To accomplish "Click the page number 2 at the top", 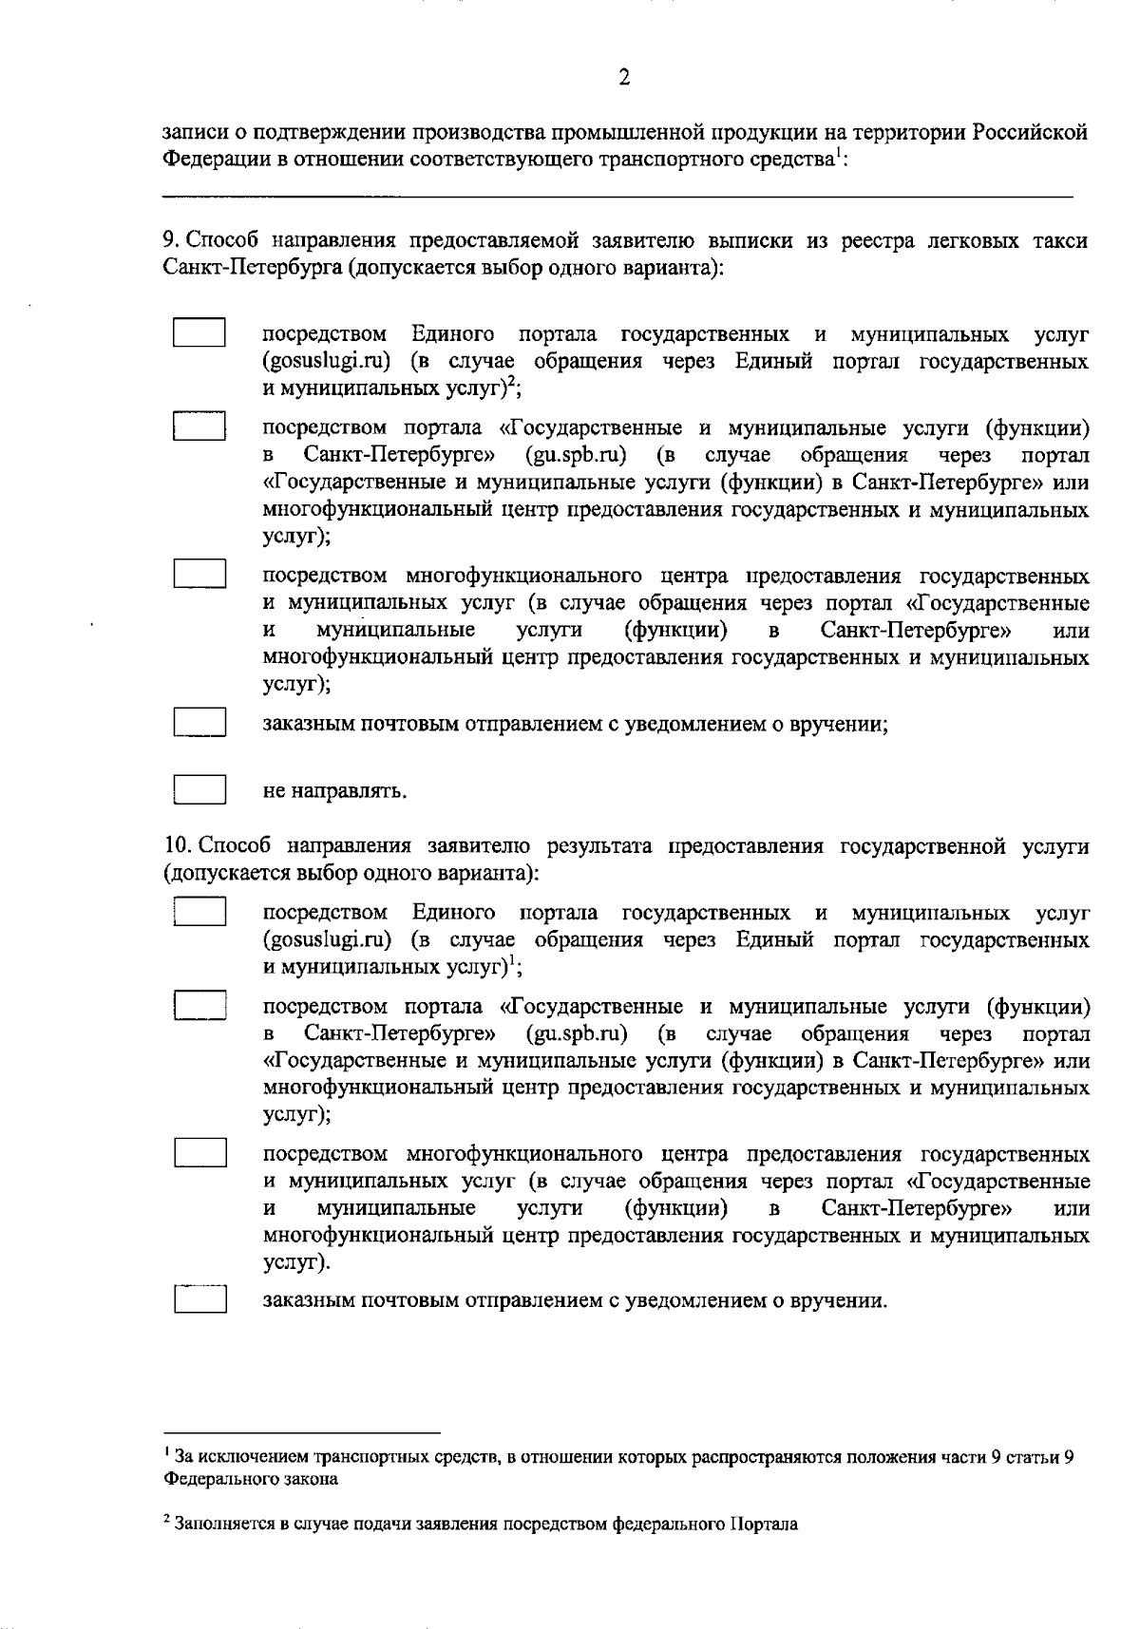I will [624, 78].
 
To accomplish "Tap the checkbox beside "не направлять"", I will [199, 790].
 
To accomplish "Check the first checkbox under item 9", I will [199, 333].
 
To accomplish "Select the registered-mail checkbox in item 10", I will [199, 1299].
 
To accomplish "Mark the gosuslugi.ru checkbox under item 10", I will [199, 912].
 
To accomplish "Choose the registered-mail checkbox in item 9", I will [199, 723].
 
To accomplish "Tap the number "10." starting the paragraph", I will [177, 846].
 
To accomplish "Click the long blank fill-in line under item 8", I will [617, 197].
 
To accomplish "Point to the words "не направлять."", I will [334, 791].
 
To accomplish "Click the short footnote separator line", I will [302, 1431].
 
